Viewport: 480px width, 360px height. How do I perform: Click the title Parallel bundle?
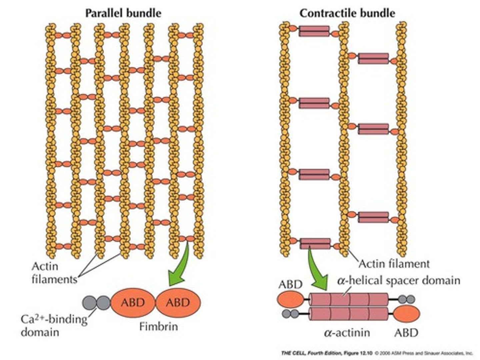[x=123, y=13]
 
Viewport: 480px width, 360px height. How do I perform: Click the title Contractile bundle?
[x=347, y=13]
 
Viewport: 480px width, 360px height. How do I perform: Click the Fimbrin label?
[x=158, y=326]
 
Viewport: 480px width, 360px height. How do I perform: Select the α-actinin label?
[x=347, y=332]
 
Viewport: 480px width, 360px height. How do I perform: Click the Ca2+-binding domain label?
[x=53, y=325]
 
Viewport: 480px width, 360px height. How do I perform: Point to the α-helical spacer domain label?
[x=399, y=280]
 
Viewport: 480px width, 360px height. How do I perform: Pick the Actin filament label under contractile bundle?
[x=394, y=264]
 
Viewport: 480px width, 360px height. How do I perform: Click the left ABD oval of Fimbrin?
[x=133, y=302]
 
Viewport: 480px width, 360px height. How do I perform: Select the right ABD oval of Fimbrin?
[x=178, y=302]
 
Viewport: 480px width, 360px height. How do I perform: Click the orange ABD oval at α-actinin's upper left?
[x=290, y=299]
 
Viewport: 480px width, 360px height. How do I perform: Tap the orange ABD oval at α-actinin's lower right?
[x=407, y=314]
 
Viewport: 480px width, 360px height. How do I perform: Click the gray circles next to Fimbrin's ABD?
[x=96, y=302]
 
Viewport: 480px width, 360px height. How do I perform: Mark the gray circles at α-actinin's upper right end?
[x=407, y=299]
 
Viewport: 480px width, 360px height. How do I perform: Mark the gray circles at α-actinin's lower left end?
[x=290, y=314]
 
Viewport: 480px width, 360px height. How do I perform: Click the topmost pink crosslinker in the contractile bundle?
[x=314, y=31]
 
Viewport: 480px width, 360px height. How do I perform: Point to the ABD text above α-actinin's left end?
[x=290, y=284]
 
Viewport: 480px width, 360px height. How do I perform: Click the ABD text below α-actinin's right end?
[x=406, y=332]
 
